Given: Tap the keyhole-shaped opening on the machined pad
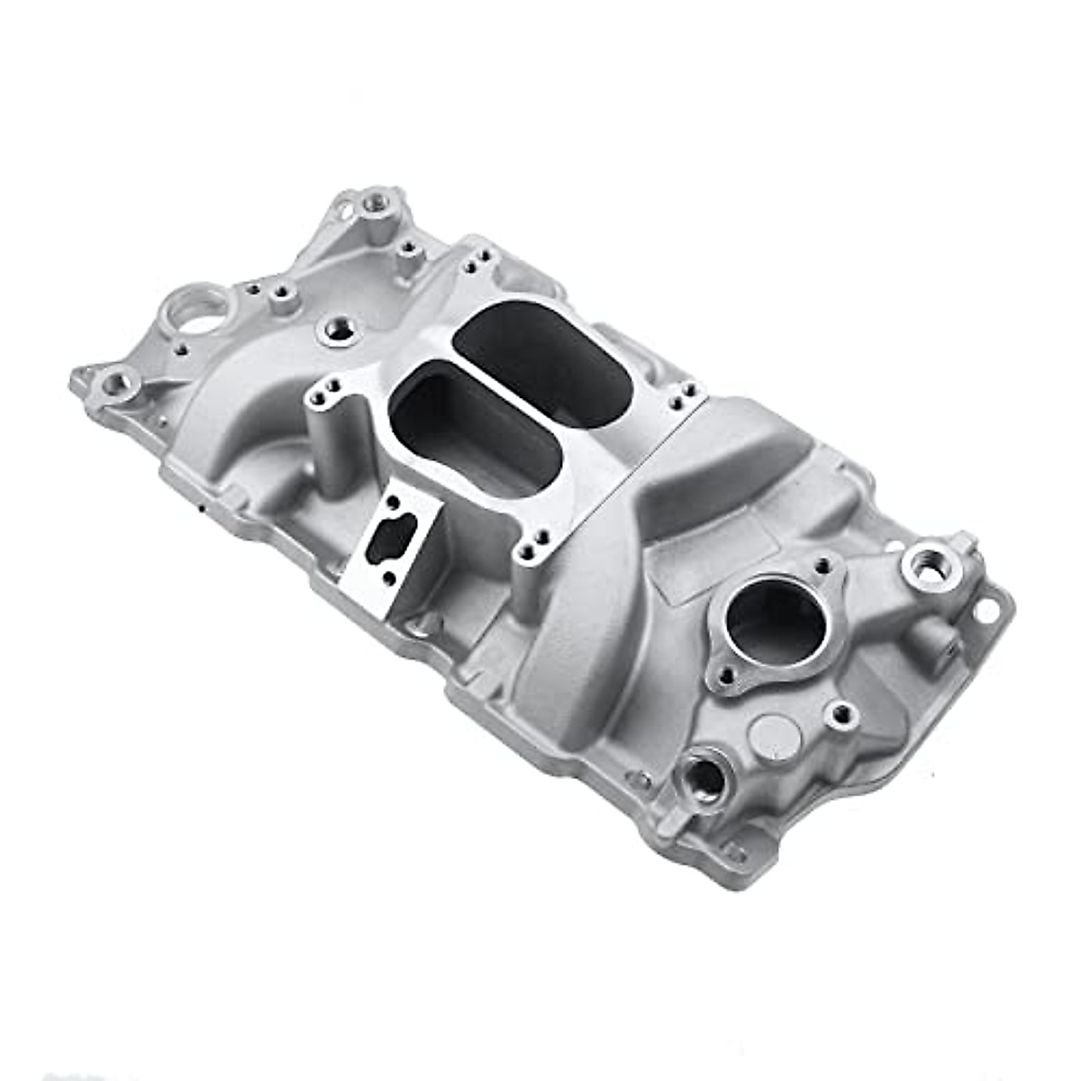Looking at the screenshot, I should (393, 538).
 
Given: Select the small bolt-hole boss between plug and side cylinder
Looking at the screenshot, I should (842, 714).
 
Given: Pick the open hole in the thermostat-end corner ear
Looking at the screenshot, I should (986, 610).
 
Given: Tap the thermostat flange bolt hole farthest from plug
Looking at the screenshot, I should (822, 567).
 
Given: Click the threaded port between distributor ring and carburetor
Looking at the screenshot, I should (338, 330).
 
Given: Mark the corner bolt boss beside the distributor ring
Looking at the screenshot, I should (118, 385).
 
